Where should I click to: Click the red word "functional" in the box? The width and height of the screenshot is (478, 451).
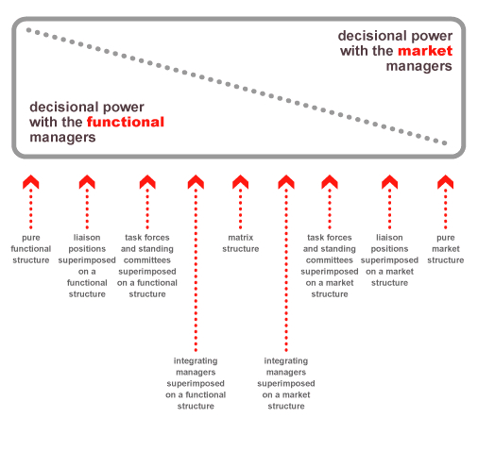pyautogui.click(x=126, y=122)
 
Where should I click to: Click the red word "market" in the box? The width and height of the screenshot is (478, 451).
pyautogui.click(x=425, y=51)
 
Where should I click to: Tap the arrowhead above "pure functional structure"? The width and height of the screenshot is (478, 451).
pyautogui.click(x=31, y=182)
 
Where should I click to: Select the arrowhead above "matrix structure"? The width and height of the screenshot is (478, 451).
pyautogui.click(x=241, y=182)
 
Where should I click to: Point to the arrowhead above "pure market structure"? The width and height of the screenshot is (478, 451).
pyautogui.click(x=446, y=182)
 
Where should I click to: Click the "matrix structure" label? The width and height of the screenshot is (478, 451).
pyautogui.click(x=241, y=243)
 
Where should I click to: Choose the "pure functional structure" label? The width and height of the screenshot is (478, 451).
pyautogui.click(x=31, y=249)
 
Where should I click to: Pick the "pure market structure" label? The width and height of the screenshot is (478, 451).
pyautogui.click(x=446, y=249)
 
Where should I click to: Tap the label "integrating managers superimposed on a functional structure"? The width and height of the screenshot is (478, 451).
pyautogui.click(x=196, y=383)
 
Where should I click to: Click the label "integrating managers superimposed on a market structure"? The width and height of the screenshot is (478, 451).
pyautogui.click(x=286, y=383)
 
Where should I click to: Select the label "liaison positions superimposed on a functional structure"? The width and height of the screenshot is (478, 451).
pyautogui.click(x=87, y=266)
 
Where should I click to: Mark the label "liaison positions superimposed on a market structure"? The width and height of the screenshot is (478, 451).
pyautogui.click(x=389, y=260)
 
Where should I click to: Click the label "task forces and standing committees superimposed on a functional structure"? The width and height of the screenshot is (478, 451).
pyautogui.click(x=147, y=266)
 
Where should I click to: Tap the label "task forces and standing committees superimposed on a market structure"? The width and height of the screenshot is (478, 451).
pyautogui.click(x=330, y=266)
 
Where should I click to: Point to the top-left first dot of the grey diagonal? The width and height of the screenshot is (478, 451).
pyautogui.click(x=28, y=30)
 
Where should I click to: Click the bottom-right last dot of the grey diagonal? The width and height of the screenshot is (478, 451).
pyautogui.click(x=444, y=143)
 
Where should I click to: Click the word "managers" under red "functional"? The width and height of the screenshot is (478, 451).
pyautogui.click(x=62, y=138)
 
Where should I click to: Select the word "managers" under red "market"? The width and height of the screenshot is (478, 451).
pyautogui.click(x=419, y=66)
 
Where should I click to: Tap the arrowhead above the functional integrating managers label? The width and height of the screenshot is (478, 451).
pyautogui.click(x=196, y=182)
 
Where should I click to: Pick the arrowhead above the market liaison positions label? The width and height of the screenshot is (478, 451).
pyautogui.click(x=389, y=182)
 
